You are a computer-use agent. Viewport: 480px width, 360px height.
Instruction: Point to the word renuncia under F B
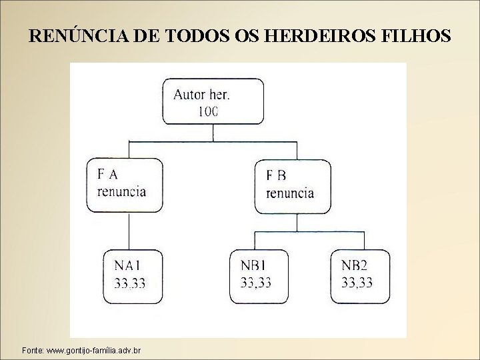290,193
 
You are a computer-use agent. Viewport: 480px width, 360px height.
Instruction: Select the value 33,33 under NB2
357,283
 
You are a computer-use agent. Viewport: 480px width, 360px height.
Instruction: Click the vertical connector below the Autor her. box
213,133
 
